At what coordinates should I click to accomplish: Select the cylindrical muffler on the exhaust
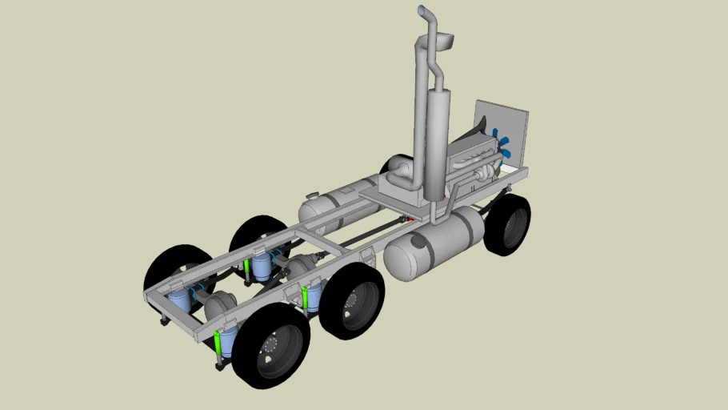click(x=437, y=144)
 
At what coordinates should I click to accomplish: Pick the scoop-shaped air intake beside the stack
click(x=445, y=39)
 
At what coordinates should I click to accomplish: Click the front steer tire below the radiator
click(x=508, y=225)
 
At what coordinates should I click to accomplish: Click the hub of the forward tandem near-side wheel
click(x=351, y=300)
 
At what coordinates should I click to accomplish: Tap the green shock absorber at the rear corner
click(x=218, y=345)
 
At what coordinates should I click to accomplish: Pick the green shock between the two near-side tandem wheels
click(x=305, y=298)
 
